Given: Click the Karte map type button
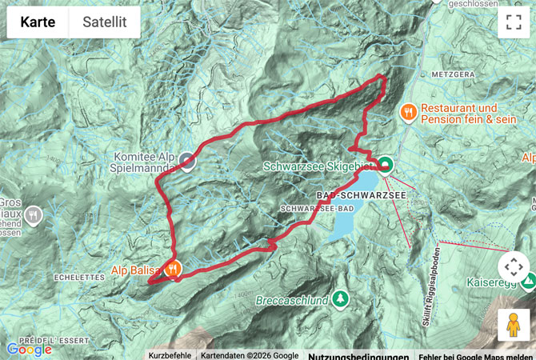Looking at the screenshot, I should coord(38,22).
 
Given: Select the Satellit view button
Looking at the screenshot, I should coord(104,22).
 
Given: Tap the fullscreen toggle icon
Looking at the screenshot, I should coord(513,22).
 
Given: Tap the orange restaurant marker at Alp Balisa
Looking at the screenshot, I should coord(171,270).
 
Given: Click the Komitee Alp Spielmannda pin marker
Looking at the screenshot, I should coord(187,162).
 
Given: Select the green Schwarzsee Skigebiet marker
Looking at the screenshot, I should coord(386,166).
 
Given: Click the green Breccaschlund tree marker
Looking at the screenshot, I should coord(342,299).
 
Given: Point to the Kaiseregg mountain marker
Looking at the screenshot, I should coord(527,282).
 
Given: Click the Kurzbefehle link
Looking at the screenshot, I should coord(170,355).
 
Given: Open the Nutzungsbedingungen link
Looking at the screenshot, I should coord(358,356).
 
